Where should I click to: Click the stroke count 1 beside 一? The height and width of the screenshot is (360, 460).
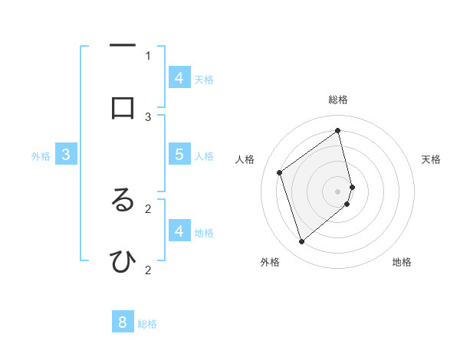tap(148, 55)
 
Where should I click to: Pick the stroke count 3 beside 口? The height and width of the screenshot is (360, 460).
tap(148, 116)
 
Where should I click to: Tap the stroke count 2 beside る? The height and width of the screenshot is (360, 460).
tap(148, 208)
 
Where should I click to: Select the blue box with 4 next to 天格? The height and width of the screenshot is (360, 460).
tap(179, 77)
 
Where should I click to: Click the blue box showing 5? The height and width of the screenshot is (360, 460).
tap(179, 154)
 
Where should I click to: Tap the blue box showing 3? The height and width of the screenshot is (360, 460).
tap(66, 154)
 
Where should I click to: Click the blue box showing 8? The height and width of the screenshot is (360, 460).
tap(123, 322)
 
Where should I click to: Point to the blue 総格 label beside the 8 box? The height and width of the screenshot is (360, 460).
tap(147, 324)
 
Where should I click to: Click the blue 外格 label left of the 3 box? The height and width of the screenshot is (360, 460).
tap(41, 156)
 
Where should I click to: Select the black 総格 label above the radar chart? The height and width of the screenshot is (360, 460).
tap(338, 100)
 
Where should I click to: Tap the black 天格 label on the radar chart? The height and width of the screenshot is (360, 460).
tap(431, 159)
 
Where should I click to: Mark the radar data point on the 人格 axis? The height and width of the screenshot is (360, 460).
tap(280, 172)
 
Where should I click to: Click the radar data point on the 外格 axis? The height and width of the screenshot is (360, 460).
tap(301, 242)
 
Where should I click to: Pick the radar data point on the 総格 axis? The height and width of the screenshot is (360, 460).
tap(338, 130)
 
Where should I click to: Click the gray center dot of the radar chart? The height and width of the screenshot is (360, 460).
tap(338, 190)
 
